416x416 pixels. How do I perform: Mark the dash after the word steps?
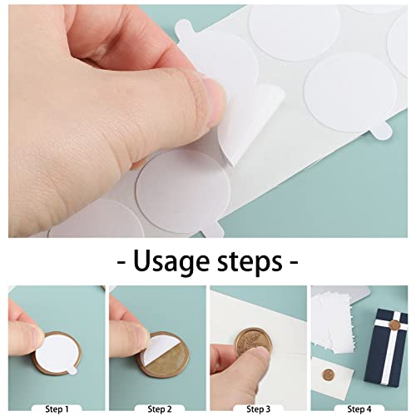coord(292,262)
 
